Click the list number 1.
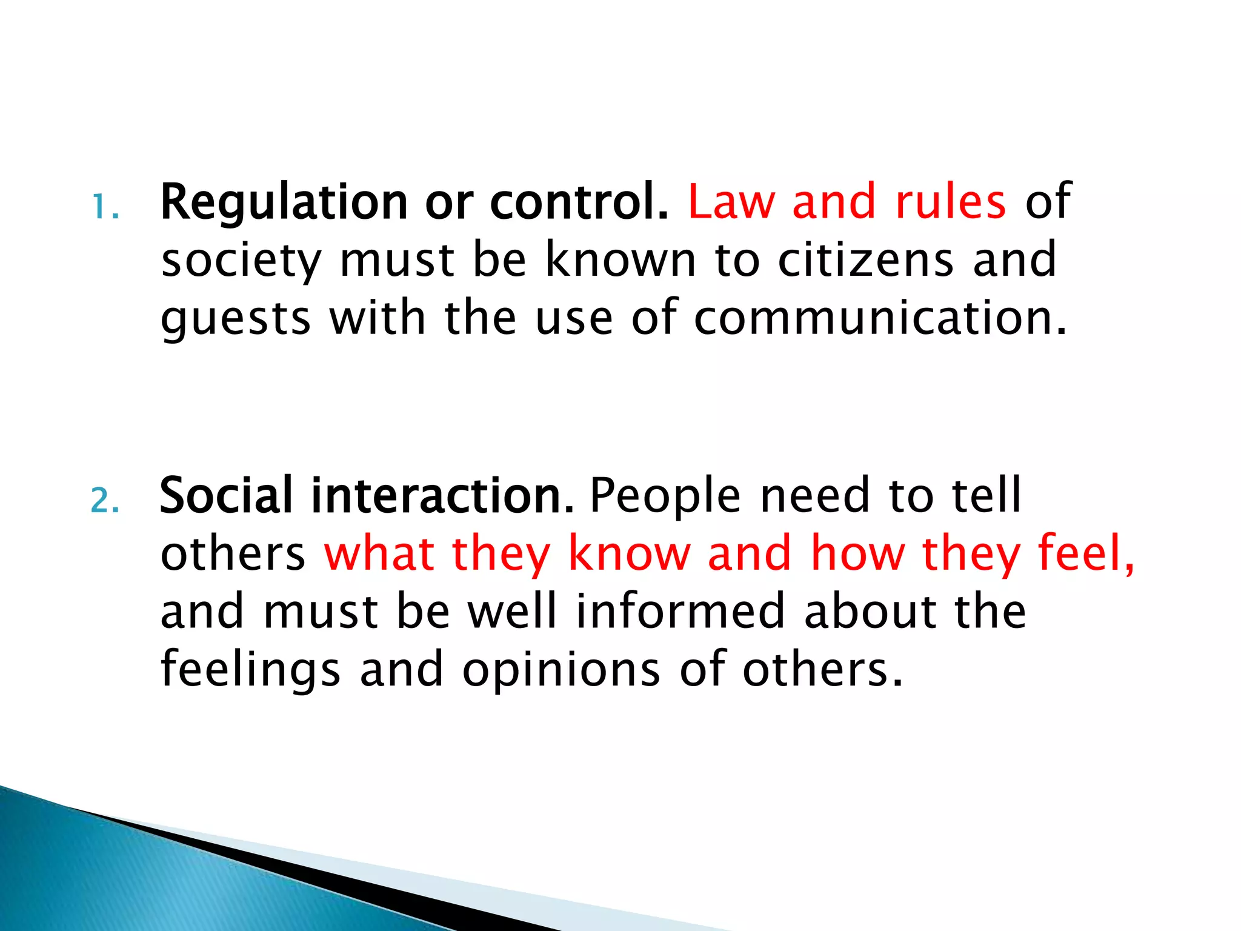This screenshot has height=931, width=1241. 105,207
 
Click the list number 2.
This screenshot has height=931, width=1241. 105,501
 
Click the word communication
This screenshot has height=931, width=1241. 879,318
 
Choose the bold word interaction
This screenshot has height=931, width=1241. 442,496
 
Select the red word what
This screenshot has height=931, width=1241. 379,553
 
